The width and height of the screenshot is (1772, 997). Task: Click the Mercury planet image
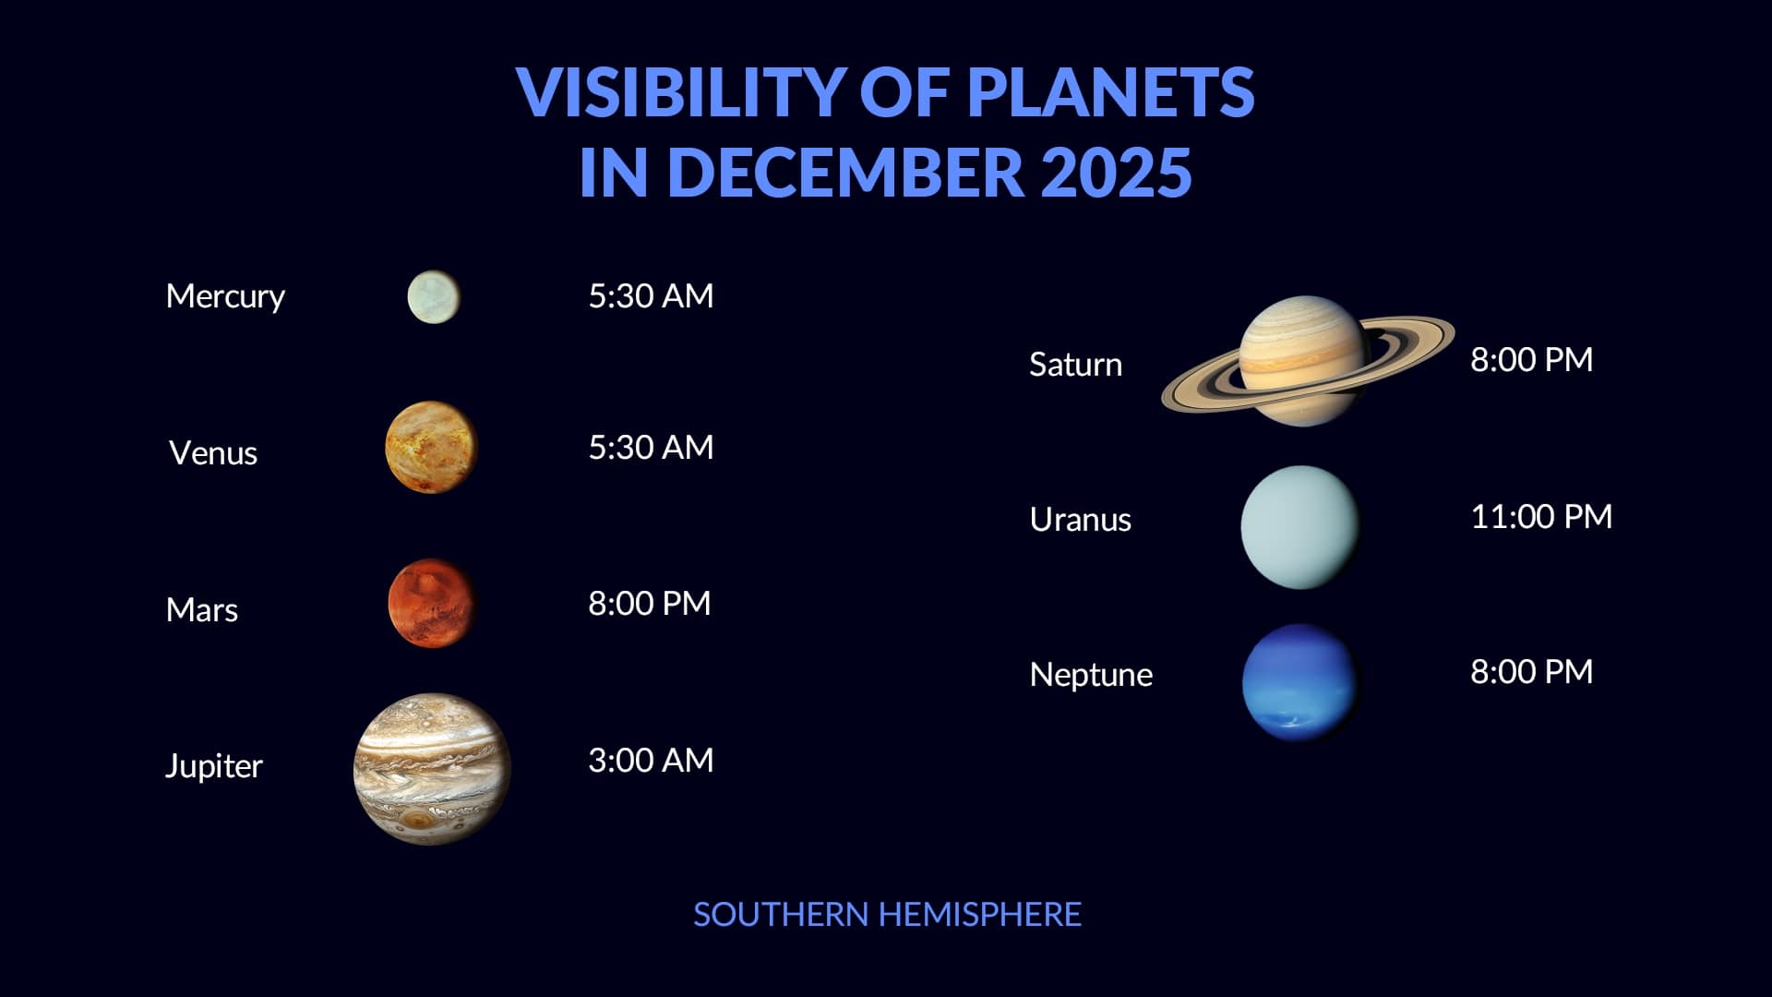point(434,297)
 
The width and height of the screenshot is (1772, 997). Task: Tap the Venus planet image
point(432,447)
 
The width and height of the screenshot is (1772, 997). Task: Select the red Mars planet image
point(432,603)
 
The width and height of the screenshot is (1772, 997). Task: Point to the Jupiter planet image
point(432,768)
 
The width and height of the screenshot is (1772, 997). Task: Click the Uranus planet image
point(1300,527)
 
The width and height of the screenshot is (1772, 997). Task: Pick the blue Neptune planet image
point(1300,682)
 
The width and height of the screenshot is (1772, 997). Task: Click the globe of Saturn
point(1302,360)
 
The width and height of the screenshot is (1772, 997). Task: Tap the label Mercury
point(225,297)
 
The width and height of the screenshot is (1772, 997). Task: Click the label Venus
point(213,453)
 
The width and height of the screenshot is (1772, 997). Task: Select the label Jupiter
point(214,766)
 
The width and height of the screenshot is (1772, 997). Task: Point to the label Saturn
point(1076,365)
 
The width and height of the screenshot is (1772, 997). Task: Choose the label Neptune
point(1091,676)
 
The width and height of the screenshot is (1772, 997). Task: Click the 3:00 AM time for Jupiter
point(651,761)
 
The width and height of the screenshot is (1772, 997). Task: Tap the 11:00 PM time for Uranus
point(1541,517)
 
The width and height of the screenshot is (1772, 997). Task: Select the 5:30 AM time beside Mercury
point(651,296)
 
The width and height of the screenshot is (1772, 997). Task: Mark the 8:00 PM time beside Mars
point(650,604)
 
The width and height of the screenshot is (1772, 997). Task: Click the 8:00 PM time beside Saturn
point(1532,360)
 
